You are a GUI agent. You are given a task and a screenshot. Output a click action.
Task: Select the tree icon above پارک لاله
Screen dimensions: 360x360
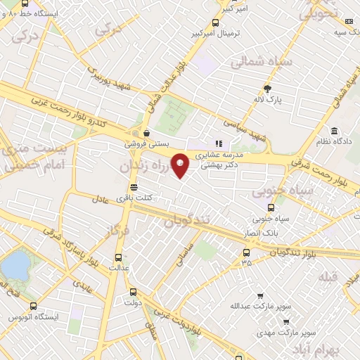267,88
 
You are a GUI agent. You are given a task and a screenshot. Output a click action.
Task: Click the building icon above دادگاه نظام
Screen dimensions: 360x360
333,131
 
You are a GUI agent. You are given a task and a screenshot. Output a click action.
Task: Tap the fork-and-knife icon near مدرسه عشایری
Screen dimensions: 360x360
219,143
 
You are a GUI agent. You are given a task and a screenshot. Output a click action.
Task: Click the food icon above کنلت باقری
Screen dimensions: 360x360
134,187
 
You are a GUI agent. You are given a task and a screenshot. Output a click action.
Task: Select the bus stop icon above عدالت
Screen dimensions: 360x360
118,257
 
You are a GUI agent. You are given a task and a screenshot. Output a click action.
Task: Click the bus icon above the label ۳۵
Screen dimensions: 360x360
245,252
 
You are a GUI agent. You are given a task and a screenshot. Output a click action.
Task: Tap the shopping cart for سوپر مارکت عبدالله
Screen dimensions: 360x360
260,295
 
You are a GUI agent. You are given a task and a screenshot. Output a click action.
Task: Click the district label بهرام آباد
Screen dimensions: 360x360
335,349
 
